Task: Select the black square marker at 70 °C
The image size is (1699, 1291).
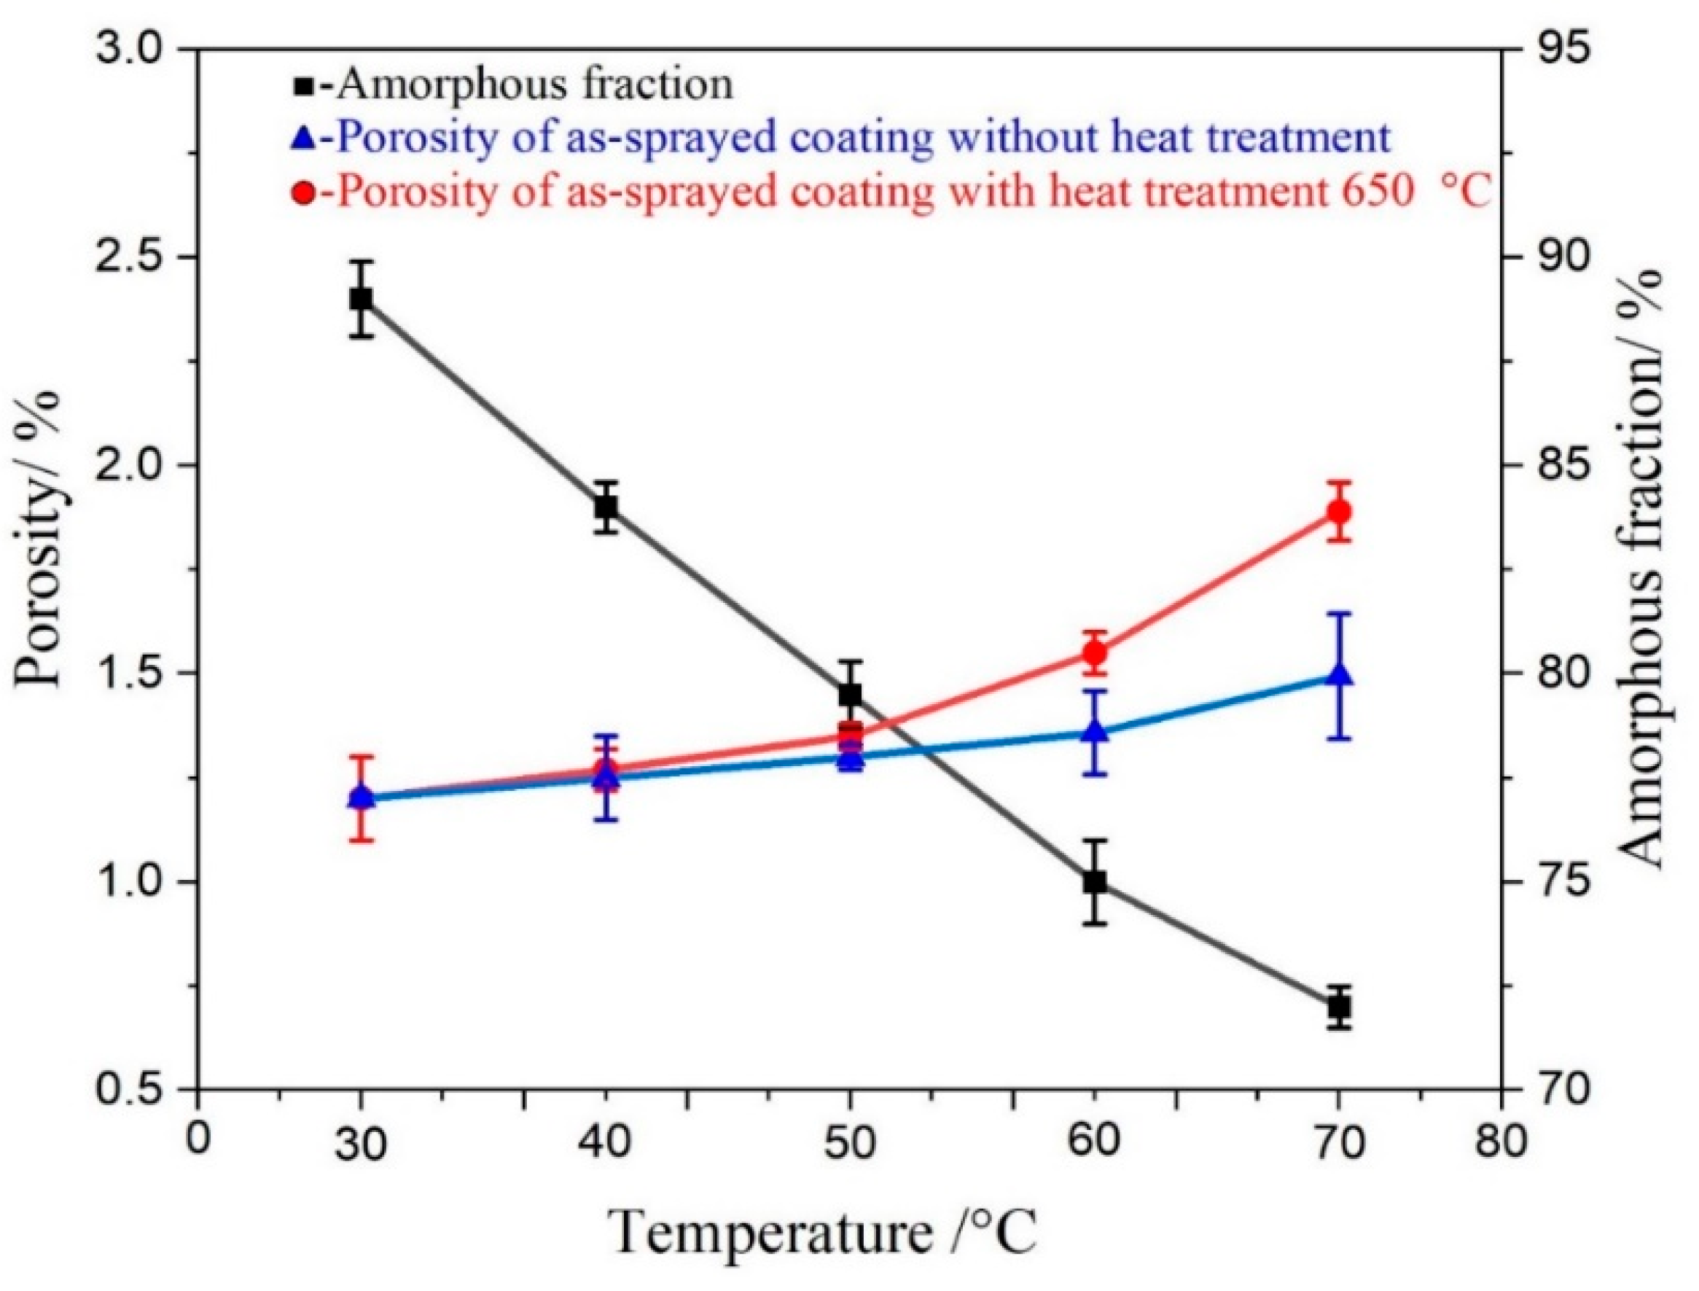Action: [x=1340, y=1006]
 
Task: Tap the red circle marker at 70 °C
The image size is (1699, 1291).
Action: [x=1340, y=511]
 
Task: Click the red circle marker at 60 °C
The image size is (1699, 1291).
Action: [x=1095, y=653]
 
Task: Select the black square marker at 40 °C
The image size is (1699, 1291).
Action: [x=606, y=507]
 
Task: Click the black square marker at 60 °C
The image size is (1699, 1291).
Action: [x=1095, y=881]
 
